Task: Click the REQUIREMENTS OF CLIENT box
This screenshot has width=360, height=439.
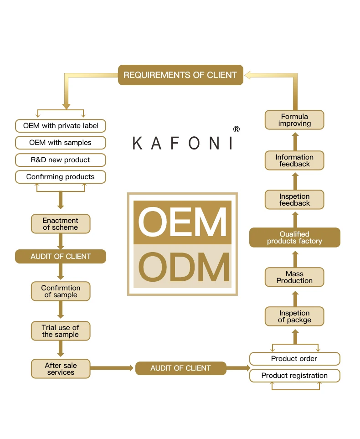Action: [x=180, y=75]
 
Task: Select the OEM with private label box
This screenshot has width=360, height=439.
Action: [x=61, y=125]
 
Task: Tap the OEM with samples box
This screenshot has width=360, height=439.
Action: [x=61, y=143]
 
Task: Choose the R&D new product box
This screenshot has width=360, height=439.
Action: [x=61, y=160]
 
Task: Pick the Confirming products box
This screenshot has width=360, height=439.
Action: [x=61, y=177]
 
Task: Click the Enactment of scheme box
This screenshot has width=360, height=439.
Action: [x=61, y=224]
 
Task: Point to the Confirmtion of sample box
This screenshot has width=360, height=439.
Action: [x=61, y=291]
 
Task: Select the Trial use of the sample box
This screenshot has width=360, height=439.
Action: [x=61, y=331]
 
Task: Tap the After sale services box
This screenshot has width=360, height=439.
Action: [x=61, y=369]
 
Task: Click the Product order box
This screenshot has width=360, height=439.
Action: [x=294, y=359]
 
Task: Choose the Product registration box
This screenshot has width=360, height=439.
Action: [x=294, y=376]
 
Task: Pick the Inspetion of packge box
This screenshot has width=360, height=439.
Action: [x=294, y=316]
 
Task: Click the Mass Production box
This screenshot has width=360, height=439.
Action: [x=294, y=277]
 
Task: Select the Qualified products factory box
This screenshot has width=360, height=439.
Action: [x=294, y=238]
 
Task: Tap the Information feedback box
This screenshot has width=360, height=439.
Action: [x=294, y=160]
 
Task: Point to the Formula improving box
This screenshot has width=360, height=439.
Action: [x=294, y=120]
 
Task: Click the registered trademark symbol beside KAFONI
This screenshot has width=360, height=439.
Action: [x=236, y=129]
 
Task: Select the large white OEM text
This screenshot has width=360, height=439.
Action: [x=182, y=222]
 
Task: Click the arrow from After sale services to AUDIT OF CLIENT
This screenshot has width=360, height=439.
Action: [x=112, y=368]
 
